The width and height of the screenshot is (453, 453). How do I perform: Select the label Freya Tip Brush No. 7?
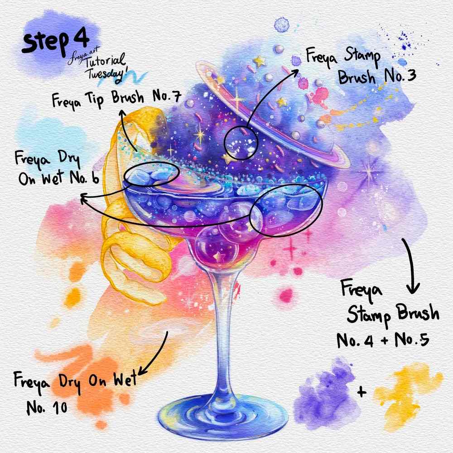click(x=116, y=99)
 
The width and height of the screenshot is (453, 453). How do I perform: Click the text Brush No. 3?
click(x=377, y=77)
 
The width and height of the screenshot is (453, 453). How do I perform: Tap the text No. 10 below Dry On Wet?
click(x=47, y=408)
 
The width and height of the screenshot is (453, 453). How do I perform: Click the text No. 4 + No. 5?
click(x=383, y=340)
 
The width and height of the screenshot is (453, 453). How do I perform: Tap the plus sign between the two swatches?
click(x=361, y=392)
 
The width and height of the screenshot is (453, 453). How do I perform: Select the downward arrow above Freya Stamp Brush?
click(x=411, y=267)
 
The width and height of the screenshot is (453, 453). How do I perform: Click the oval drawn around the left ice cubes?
click(x=151, y=174)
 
